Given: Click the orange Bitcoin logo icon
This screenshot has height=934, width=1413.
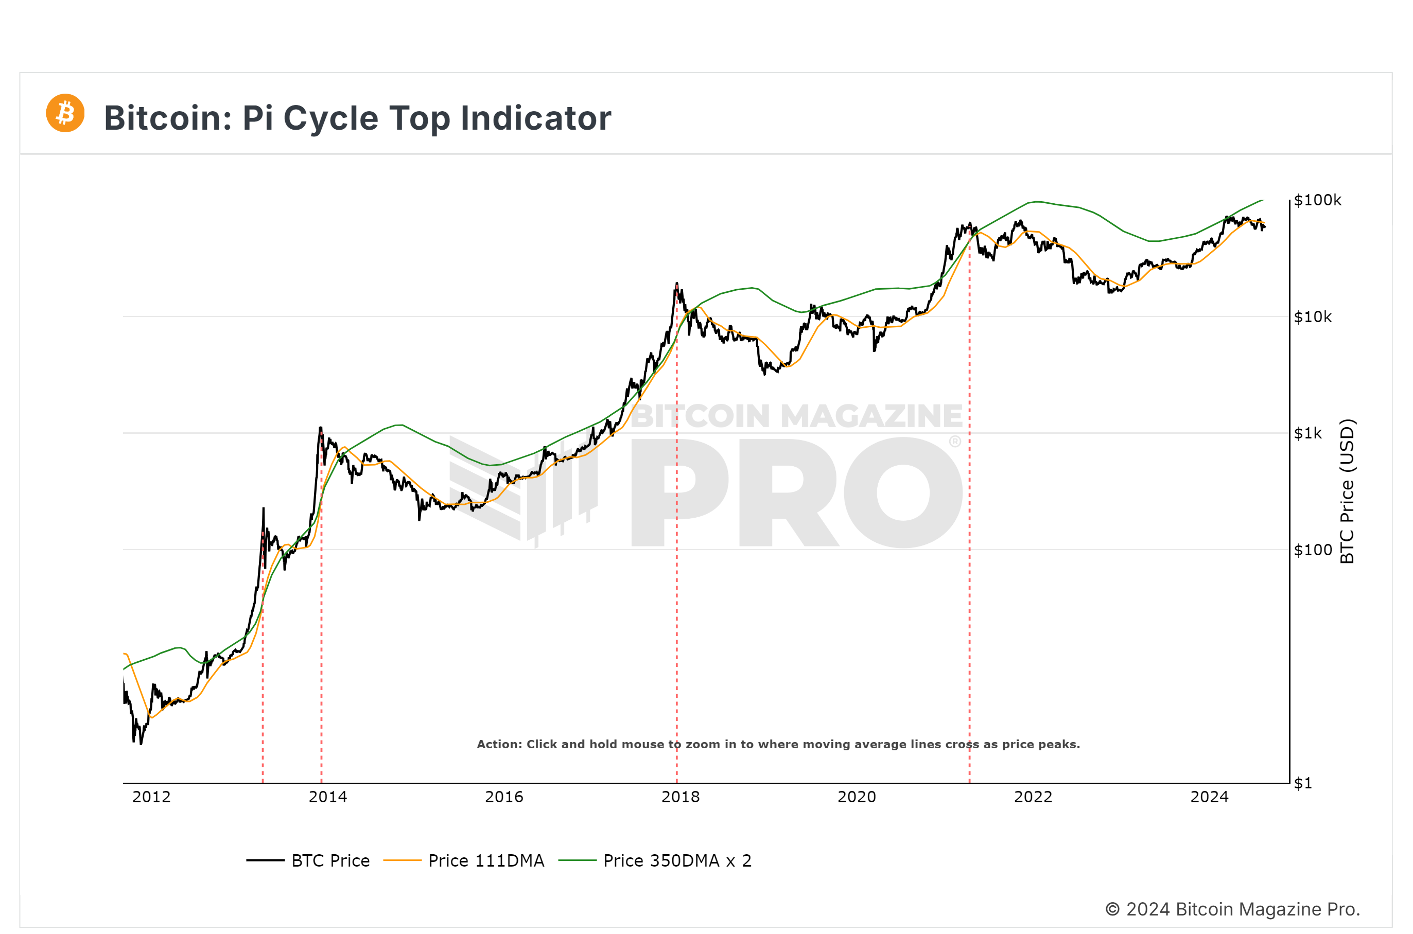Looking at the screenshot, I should (65, 113).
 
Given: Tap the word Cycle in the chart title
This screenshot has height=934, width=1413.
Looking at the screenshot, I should (330, 118).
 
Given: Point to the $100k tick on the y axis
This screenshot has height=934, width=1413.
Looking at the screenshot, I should (1317, 200).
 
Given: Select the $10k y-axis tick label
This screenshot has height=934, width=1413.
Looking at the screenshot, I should (1312, 317).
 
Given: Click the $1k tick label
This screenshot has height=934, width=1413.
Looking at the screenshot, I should (1307, 433).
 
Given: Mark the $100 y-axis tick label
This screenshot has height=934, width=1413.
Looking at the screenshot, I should (1312, 550).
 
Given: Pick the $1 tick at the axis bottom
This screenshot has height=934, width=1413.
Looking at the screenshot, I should (1303, 783).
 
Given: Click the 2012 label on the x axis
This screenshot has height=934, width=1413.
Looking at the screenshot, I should (151, 797).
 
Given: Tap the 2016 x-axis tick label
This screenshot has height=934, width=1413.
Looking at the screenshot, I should (504, 797).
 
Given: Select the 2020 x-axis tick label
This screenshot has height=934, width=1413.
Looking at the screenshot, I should (857, 797).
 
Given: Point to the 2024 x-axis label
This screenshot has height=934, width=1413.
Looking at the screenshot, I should (1209, 797).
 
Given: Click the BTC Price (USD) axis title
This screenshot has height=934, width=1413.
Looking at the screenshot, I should (1348, 491).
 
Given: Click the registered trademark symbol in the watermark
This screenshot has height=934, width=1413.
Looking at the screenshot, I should (955, 442).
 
